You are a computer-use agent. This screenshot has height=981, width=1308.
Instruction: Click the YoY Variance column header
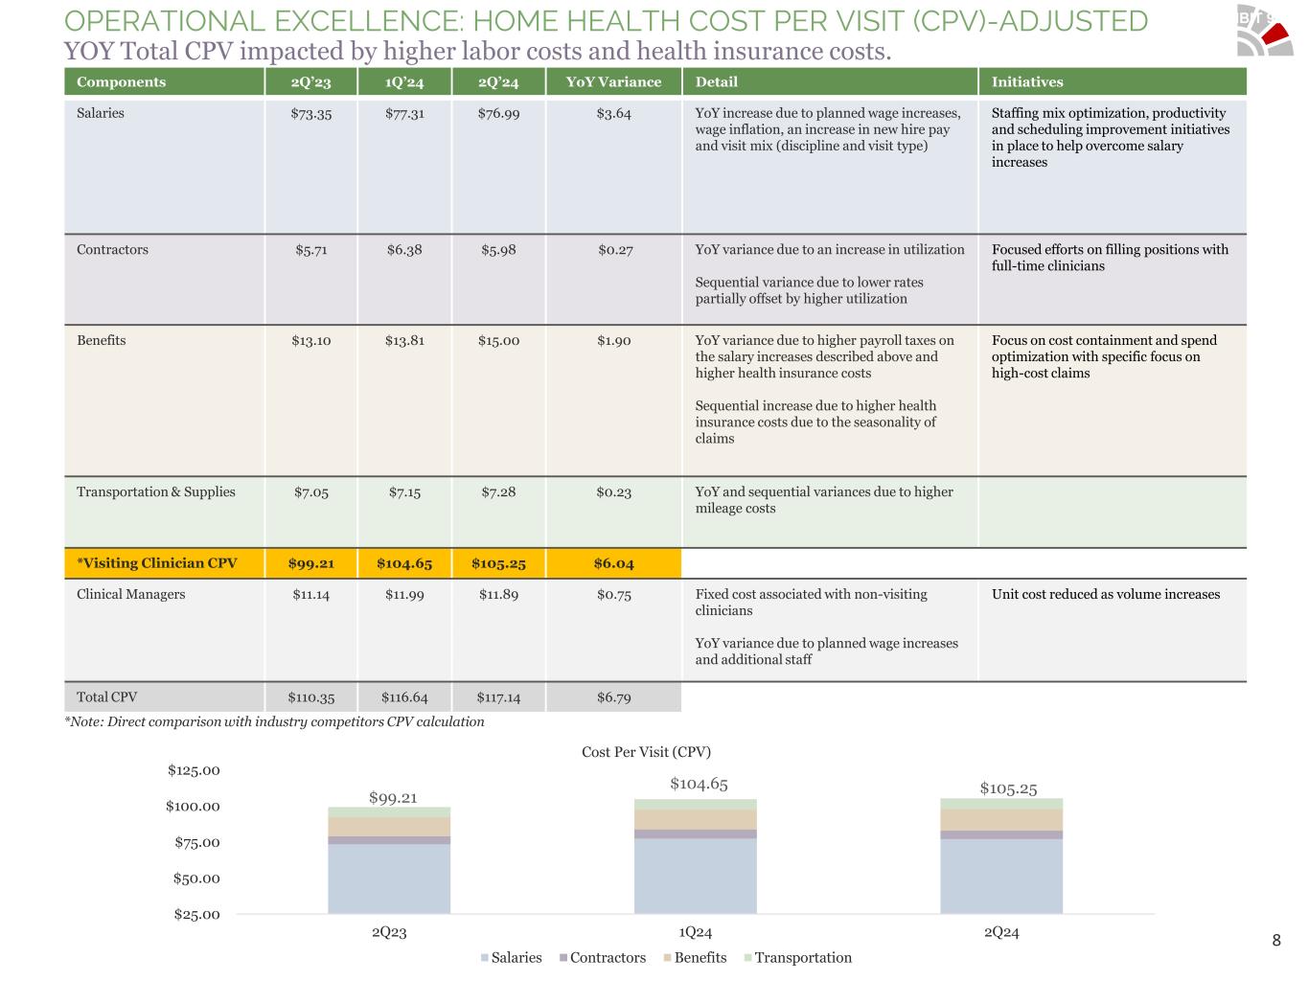click(x=613, y=82)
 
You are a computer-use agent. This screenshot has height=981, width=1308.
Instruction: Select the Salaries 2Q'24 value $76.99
click(x=498, y=114)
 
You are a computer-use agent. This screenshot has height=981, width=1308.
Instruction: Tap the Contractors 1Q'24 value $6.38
click(x=404, y=250)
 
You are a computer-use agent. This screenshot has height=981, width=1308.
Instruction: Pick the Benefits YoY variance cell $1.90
click(x=613, y=341)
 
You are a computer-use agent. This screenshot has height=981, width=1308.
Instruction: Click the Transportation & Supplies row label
click(x=155, y=492)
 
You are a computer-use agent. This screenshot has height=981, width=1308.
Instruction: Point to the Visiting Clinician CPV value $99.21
click(x=310, y=563)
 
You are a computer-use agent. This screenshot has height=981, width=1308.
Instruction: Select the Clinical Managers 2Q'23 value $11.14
click(x=310, y=595)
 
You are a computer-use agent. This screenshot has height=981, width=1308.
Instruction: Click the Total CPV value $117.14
click(x=498, y=697)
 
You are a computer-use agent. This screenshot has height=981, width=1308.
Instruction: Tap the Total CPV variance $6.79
click(x=613, y=697)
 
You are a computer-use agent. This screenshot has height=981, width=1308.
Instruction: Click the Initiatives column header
click(x=1027, y=82)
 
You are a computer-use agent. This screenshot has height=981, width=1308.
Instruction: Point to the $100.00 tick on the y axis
click(x=193, y=807)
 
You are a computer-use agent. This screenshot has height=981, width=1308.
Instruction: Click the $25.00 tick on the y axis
click(x=196, y=915)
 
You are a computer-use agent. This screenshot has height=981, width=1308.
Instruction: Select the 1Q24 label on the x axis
click(x=695, y=932)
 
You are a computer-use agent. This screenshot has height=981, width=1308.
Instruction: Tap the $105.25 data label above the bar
click(x=1008, y=788)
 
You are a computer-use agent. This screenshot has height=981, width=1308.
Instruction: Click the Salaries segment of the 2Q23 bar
click(x=389, y=878)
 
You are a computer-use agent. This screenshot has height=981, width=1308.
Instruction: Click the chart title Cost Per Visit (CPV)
click(x=646, y=752)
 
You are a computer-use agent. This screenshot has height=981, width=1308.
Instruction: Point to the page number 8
click(x=1275, y=941)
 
